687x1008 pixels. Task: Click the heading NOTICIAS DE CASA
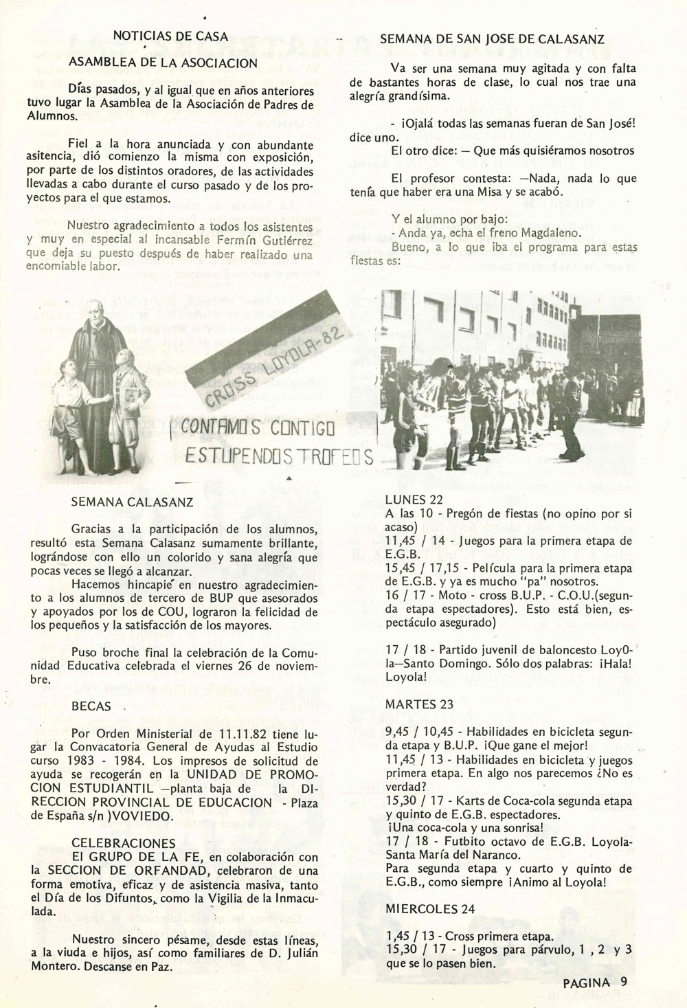click(170, 36)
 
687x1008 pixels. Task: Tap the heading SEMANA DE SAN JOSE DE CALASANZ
click(492, 39)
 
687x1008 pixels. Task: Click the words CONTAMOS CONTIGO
click(258, 429)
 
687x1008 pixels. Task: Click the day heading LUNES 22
click(414, 500)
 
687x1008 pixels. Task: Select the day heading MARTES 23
click(419, 704)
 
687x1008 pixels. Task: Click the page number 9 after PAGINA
click(623, 981)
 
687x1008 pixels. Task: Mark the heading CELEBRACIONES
click(123, 842)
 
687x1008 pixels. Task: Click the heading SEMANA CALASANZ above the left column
click(132, 502)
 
